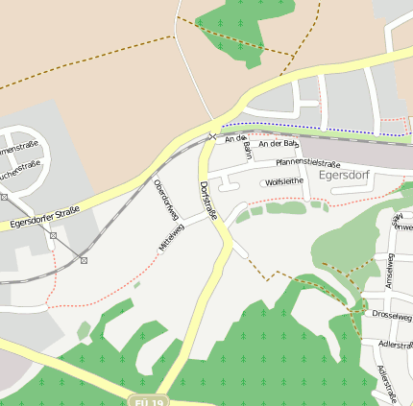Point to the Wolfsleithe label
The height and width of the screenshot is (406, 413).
284,180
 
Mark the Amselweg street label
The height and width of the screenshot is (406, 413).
389,273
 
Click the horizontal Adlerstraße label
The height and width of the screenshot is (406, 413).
394,344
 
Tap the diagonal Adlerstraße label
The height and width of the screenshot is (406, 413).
386,383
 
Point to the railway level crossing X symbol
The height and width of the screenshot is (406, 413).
213,135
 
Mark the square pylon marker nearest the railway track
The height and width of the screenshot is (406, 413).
85,260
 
